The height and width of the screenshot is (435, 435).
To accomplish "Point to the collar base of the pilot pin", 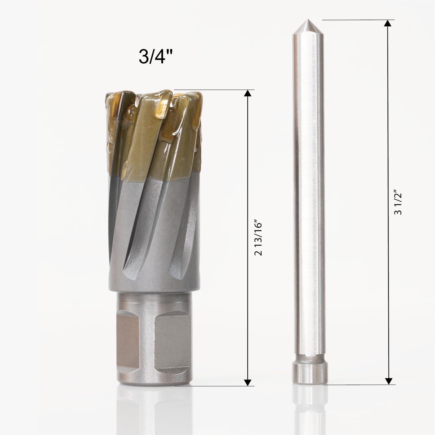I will tap(307, 372).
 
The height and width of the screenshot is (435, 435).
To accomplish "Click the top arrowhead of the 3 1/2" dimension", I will tap(388, 23).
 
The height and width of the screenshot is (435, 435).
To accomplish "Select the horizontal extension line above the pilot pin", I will tap(356, 20).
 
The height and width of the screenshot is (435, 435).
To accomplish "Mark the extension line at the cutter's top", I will tap(215, 90).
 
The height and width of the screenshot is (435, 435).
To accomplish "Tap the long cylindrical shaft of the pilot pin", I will tap(307, 190).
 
